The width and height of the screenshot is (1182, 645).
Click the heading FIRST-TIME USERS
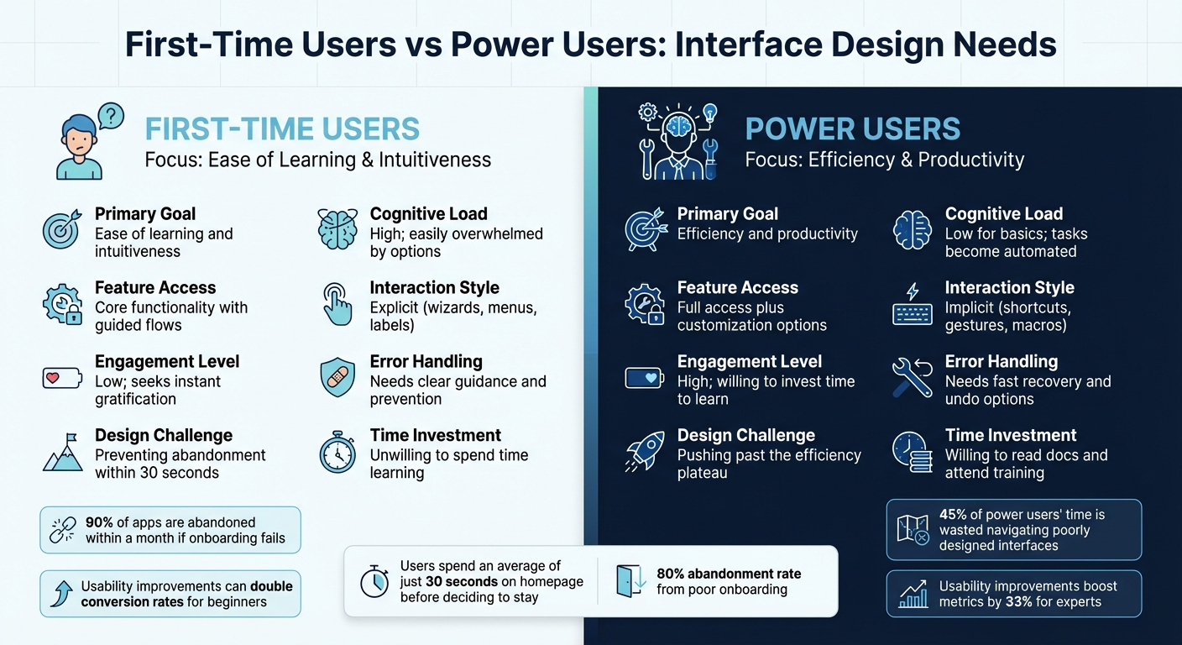[x=282, y=129]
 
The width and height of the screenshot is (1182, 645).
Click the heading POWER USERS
[x=852, y=129]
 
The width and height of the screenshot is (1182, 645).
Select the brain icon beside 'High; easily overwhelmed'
[x=337, y=230]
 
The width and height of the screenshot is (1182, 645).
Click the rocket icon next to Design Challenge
[x=644, y=453]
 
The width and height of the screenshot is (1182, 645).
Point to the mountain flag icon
[x=62, y=453]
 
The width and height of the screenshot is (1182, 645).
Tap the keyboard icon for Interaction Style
[x=912, y=305]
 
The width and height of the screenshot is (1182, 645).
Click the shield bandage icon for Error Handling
[x=337, y=379]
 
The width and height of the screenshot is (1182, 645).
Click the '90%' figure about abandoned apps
[x=100, y=522]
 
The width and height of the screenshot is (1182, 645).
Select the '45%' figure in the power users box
[x=954, y=515]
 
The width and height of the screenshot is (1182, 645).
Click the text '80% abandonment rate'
[x=729, y=574]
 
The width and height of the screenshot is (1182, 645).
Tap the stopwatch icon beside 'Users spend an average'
[x=374, y=581]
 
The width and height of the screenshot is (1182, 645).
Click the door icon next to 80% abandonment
[x=630, y=581]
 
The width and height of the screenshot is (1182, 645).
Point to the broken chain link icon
[x=63, y=530]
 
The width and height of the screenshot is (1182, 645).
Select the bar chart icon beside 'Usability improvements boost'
[x=913, y=594]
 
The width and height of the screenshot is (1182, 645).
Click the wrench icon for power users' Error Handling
[x=912, y=379]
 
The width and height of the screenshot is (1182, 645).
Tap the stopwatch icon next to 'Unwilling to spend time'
[x=337, y=453]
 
